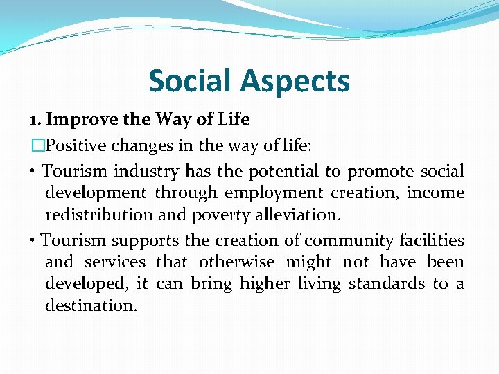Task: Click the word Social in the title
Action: tap(190, 81)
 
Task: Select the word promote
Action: tap(379, 172)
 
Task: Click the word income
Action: tap(435, 193)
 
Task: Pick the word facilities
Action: tap(432, 240)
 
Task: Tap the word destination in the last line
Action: tap(91, 305)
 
